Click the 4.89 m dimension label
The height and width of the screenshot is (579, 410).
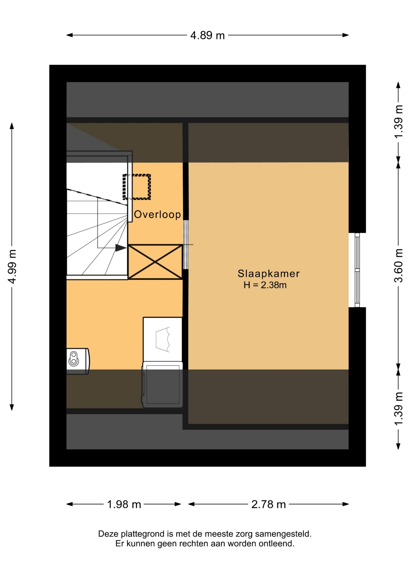click(x=207, y=36)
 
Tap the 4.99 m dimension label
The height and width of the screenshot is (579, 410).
click(x=12, y=267)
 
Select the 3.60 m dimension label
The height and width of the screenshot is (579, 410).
click(x=399, y=265)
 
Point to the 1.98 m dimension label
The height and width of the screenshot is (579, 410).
click(x=124, y=504)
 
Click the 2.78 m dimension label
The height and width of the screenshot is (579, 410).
click(x=268, y=504)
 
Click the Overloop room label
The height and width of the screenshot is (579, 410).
click(x=157, y=214)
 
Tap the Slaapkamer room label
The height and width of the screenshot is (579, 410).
click(x=269, y=274)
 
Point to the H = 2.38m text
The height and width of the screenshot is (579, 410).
click(x=265, y=285)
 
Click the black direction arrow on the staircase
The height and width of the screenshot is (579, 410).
click(x=121, y=248)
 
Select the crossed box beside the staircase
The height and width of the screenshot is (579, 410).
click(x=155, y=262)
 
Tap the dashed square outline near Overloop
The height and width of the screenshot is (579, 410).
click(x=137, y=187)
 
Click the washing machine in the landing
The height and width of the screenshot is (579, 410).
click(x=162, y=385)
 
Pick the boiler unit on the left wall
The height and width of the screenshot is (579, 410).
click(x=78, y=361)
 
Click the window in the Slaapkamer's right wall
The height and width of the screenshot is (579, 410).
click(x=357, y=270)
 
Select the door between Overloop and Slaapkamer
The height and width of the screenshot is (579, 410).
click(x=186, y=245)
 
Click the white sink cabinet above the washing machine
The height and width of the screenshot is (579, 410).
click(x=162, y=339)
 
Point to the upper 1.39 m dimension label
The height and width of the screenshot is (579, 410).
click(x=399, y=122)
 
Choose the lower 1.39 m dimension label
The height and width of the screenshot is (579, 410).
click(x=399, y=409)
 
